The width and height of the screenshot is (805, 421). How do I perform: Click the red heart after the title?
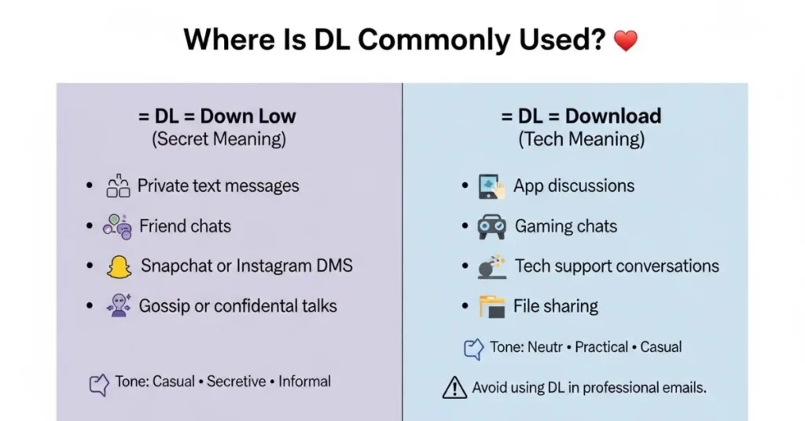click(625, 41)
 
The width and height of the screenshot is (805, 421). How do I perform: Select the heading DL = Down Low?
click(218, 116)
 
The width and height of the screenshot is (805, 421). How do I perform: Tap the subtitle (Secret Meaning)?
click(219, 140)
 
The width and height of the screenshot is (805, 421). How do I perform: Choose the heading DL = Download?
click(581, 116)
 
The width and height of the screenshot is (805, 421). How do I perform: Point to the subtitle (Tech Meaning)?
click(581, 140)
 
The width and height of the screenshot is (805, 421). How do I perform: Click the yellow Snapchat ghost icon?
click(119, 267)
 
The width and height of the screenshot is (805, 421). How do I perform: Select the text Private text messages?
click(218, 186)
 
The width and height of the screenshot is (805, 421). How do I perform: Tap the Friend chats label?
click(185, 227)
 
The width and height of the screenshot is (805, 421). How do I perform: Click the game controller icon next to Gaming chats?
click(492, 227)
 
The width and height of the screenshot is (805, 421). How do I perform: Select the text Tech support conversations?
click(616, 266)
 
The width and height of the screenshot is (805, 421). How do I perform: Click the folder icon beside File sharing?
click(492, 306)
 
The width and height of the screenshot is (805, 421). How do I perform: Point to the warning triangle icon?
click(454, 387)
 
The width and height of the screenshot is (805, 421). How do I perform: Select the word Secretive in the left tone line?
click(237, 382)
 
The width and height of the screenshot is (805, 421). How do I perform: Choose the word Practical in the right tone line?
click(601, 347)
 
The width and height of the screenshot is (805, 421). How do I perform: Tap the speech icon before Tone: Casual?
click(99, 384)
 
